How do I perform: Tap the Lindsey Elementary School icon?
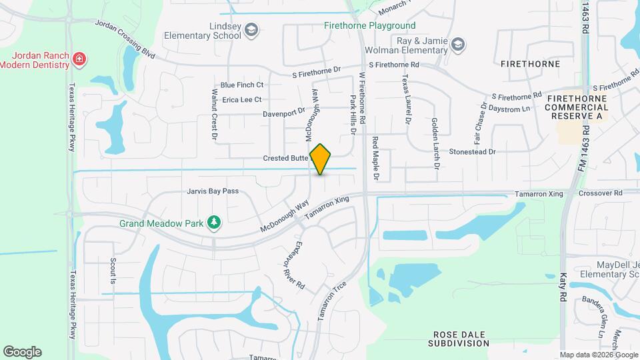click(x=251, y=29)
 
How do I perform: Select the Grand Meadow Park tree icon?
click(x=213, y=222)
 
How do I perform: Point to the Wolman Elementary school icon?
click(x=458, y=45)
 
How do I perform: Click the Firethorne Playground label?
click(x=369, y=26)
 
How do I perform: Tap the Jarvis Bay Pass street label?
click(x=212, y=191)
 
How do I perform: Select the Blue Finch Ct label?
click(x=243, y=85)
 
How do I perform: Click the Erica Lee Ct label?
click(x=242, y=99)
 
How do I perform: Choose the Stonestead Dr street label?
click(x=473, y=152)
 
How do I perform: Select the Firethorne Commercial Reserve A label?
click(x=577, y=107)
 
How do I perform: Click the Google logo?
click(x=22, y=352)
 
